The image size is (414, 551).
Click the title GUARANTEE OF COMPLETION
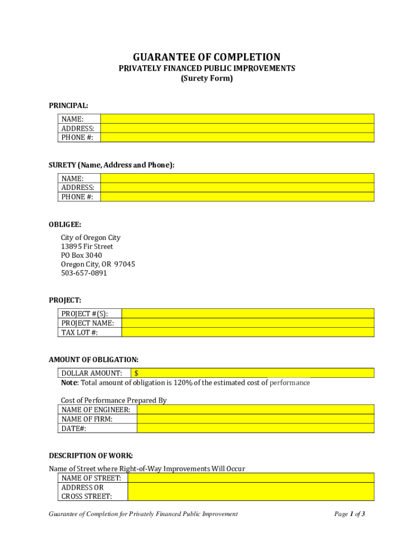[207, 57]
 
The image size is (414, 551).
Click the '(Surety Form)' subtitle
[207, 79]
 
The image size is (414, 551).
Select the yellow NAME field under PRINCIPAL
[237, 119]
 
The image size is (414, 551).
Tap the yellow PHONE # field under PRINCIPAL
[237, 138]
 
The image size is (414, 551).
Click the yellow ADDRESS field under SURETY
[237, 188]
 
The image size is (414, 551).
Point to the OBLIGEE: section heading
[65, 224]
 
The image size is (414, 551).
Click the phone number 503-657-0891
[84, 273]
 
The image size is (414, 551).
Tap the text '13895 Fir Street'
[87, 246]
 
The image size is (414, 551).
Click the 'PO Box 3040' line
[81, 255]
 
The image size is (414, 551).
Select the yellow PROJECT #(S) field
[248, 314]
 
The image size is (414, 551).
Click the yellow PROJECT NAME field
[248, 323]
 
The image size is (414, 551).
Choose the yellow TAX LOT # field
[248, 333]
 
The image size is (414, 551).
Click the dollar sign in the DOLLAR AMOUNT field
[137, 373]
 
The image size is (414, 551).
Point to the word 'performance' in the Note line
[290, 383]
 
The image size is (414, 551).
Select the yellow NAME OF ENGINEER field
[255, 409]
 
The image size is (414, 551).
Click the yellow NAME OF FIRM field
[255, 419]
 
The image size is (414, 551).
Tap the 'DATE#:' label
[74, 428]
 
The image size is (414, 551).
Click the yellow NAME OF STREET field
[251, 478]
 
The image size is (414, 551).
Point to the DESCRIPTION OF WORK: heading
[91, 456]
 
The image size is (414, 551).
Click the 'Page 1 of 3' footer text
[349, 514]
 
